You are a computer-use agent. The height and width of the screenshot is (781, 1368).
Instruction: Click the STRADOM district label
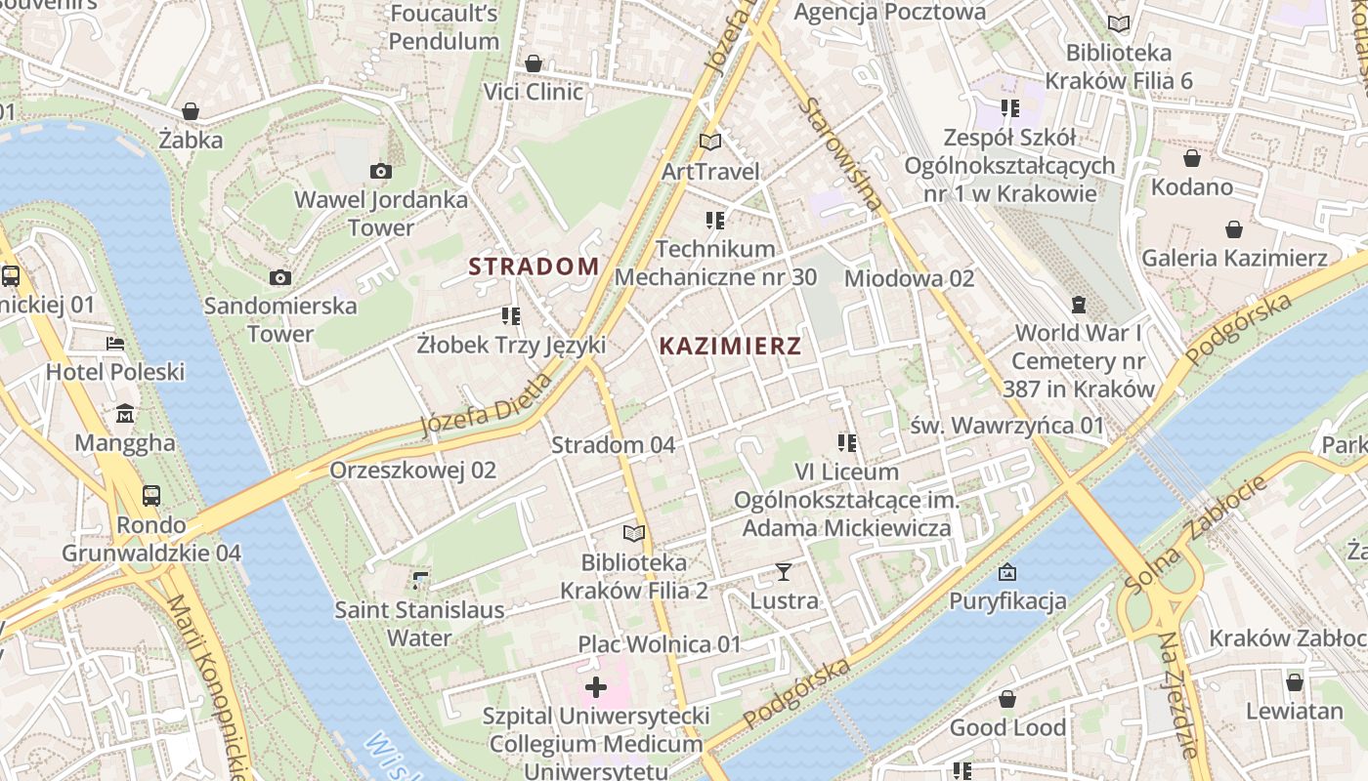(x=534, y=266)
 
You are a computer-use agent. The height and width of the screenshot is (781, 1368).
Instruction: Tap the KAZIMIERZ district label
(x=730, y=346)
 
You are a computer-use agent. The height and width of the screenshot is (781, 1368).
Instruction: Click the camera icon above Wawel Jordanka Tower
(x=381, y=172)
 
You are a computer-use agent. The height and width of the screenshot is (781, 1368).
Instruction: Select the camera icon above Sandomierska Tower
(x=280, y=278)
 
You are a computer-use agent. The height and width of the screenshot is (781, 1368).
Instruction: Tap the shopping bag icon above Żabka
(x=191, y=111)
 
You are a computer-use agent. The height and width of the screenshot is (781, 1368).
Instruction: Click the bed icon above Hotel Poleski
(x=115, y=344)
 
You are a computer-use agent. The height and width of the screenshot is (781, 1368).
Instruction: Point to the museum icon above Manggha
(x=125, y=415)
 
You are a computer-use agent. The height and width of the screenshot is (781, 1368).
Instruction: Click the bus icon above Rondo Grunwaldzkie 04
(x=151, y=495)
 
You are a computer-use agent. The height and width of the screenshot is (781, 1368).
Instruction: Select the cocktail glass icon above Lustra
(x=783, y=571)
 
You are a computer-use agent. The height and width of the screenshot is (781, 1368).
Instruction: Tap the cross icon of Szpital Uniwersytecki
(x=595, y=687)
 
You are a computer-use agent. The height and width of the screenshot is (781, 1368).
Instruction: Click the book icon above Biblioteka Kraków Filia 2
(x=634, y=534)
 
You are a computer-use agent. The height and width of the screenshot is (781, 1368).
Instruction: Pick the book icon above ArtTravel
(x=710, y=143)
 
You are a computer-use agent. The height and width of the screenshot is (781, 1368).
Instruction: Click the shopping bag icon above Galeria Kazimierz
(x=1234, y=229)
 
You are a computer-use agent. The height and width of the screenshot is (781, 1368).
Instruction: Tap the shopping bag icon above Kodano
(x=1192, y=158)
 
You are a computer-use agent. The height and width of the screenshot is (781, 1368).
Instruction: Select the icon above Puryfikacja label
(x=1007, y=572)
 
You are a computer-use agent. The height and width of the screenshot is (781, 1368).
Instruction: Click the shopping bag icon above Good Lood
(x=1007, y=699)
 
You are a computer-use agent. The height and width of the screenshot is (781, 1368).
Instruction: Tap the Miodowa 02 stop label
(x=909, y=278)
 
